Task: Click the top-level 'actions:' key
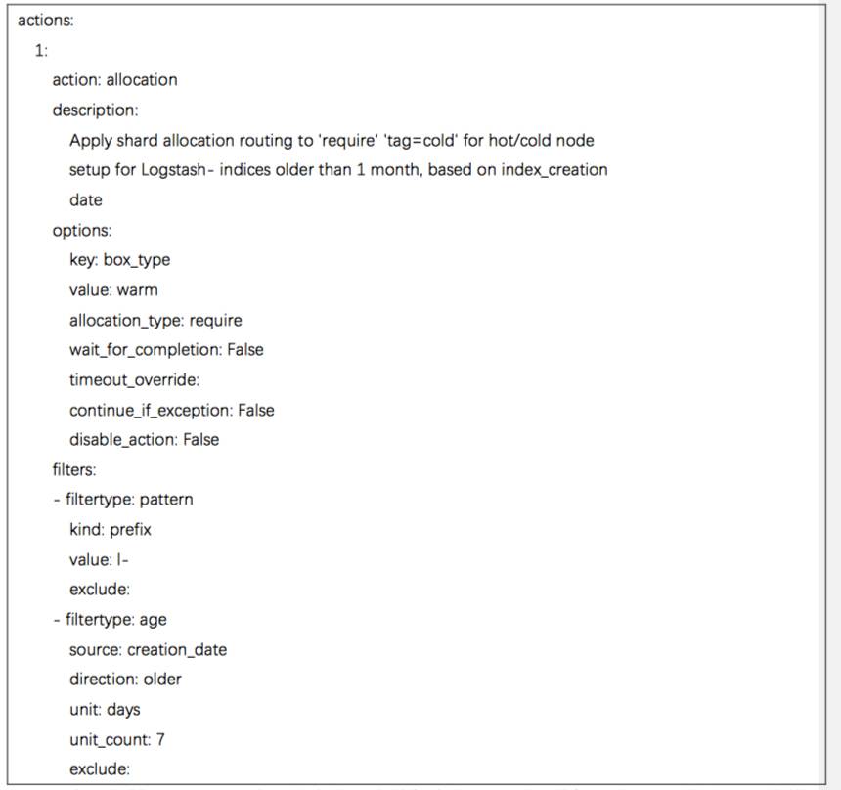click(x=45, y=21)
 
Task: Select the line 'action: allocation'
click(x=114, y=80)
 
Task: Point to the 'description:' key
click(x=95, y=110)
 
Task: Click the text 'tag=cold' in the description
click(x=425, y=140)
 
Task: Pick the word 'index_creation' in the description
click(x=554, y=170)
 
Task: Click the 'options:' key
click(x=82, y=230)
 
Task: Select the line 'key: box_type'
click(x=119, y=260)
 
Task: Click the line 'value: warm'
click(x=113, y=289)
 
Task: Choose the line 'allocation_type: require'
click(x=155, y=320)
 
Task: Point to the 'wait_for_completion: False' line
click(x=166, y=349)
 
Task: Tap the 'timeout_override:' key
click(x=134, y=379)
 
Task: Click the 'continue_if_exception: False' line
click(x=171, y=410)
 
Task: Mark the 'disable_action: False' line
click(x=144, y=440)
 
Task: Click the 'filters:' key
click(x=74, y=469)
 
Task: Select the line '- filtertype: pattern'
click(x=123, y=500)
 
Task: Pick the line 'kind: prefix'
click(x=111, y=530)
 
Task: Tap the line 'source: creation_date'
click(x=148, y=649)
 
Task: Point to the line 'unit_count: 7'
click(x=116, y=739)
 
